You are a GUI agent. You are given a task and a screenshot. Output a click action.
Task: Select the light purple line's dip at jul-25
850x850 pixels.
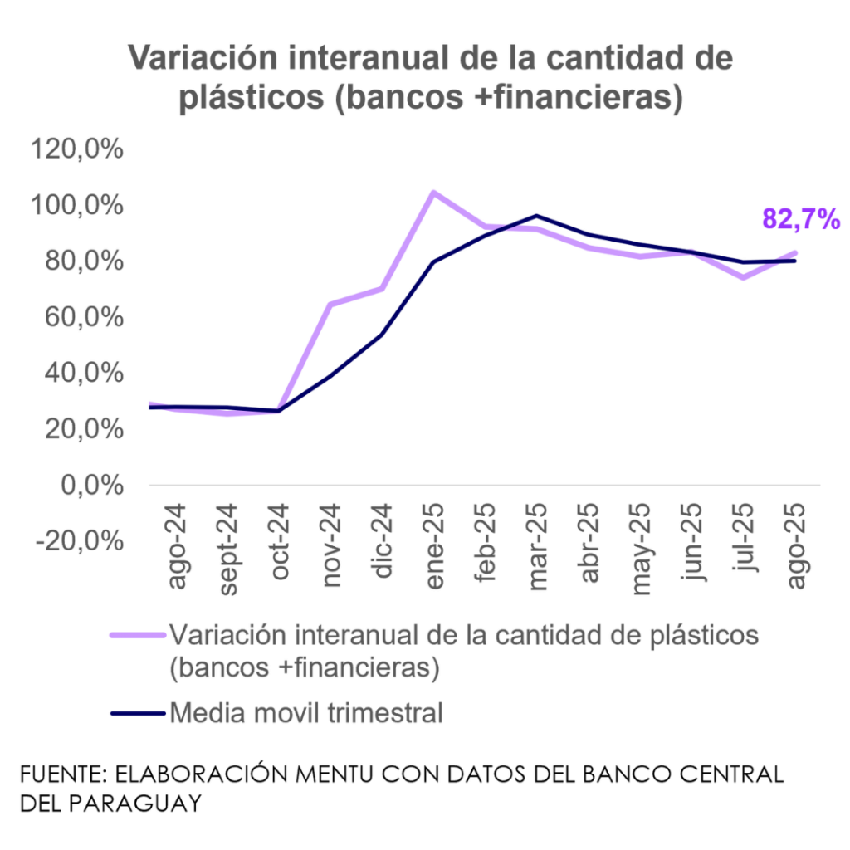coord(744,277)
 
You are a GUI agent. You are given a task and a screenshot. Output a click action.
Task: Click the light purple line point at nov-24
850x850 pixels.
coord(330,305)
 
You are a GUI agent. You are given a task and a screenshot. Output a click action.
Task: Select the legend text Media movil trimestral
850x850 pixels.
coord(306,712)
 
